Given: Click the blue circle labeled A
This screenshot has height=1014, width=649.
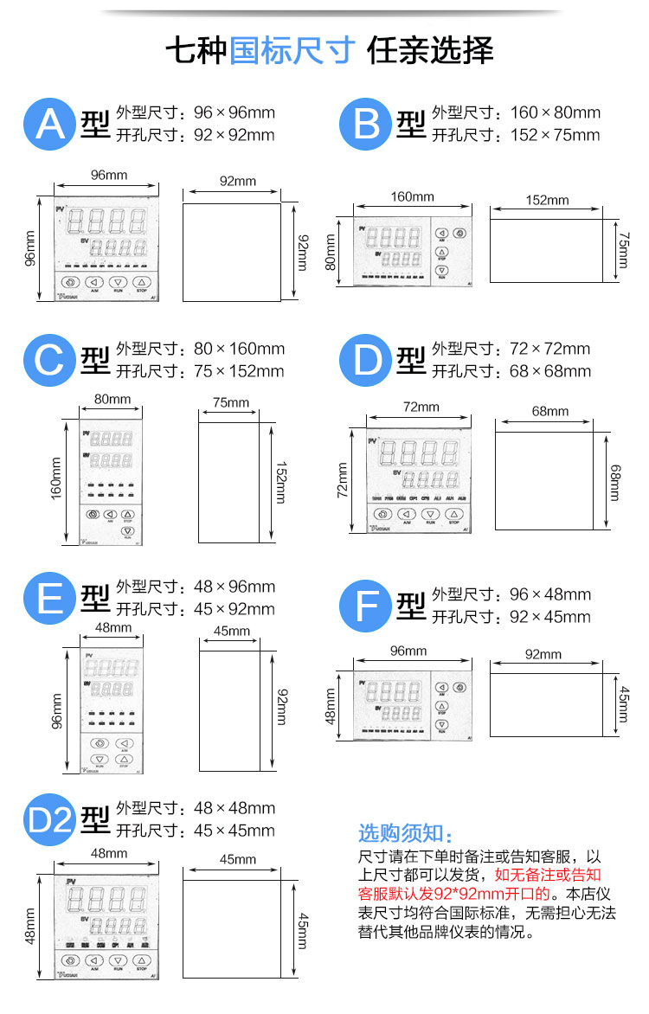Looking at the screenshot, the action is pyautogui.click(x=50, y=124).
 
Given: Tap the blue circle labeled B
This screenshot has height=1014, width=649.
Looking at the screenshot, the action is pyautogui.click(x=367, y=124).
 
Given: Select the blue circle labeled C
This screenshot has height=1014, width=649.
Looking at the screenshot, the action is pyautogui.click(x=50, y=361).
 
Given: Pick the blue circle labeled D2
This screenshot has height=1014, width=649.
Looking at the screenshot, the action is pyautogui.click(x=50, y=819).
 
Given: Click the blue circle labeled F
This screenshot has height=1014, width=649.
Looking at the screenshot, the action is pyautogui.click(x=367, y=606).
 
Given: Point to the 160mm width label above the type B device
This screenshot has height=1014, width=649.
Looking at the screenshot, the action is pyautogui.click(x=412, y=197).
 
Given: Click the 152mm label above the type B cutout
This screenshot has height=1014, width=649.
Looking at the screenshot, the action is pyautogui.click(x=547, y=200).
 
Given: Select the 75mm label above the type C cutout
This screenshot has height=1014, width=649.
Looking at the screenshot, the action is pyautogui.click(x=230, y=402).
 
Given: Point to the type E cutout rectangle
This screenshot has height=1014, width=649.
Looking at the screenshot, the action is pyautogui.click(x=230, y=710).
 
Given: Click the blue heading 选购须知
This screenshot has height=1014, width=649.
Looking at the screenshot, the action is pyautogui.click(x=405, y=833).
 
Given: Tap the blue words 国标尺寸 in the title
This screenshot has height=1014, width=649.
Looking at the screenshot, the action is pyautogui.click(x=292, y=50).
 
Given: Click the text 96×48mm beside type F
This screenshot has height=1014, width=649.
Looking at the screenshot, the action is pyautogui.click(x=550, y=594).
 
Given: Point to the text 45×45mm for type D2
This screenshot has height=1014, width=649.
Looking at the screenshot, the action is pyautogui.click(x=235, y=831).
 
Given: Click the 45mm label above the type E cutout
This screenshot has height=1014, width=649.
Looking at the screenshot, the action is pyautogui.click(x=231, y=632).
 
